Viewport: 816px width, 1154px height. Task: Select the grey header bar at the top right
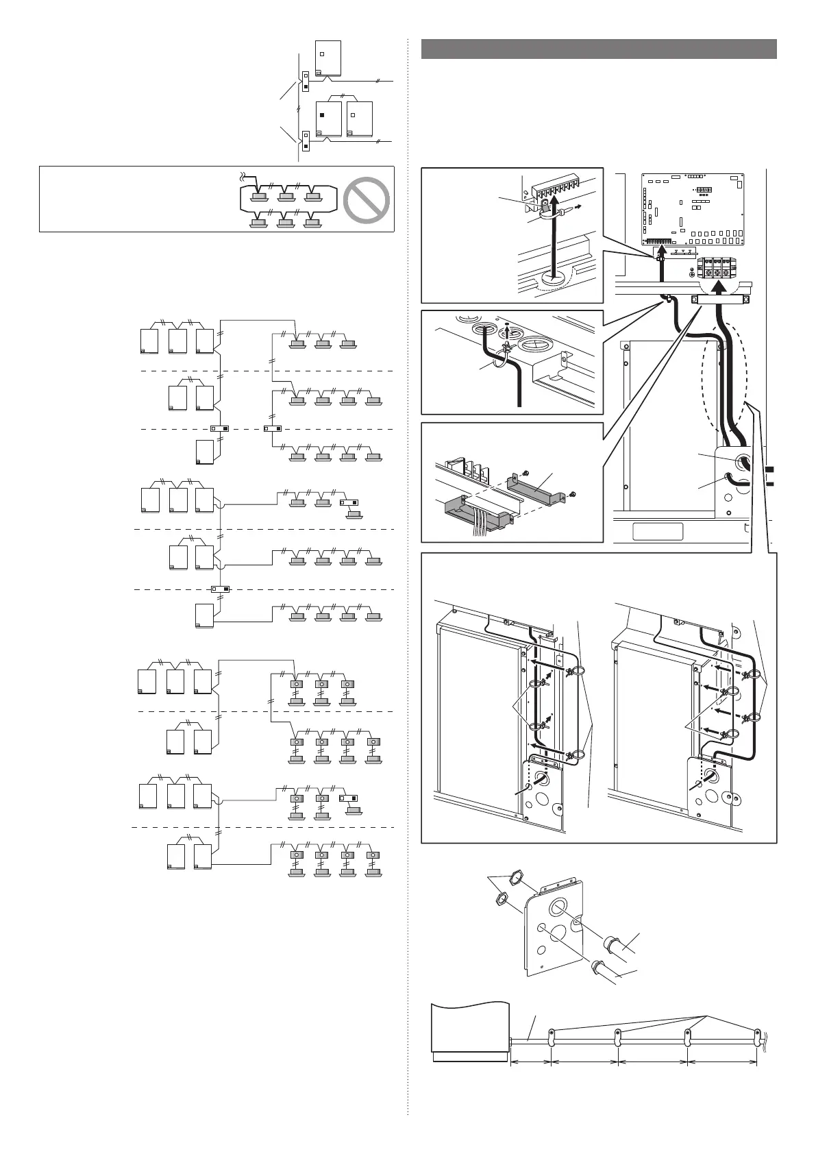(599, 49)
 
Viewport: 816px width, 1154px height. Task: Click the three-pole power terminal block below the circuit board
(717, 268)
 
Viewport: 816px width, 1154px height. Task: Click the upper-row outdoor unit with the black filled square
(330, 119)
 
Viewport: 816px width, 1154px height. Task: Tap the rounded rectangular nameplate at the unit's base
(658, 531)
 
